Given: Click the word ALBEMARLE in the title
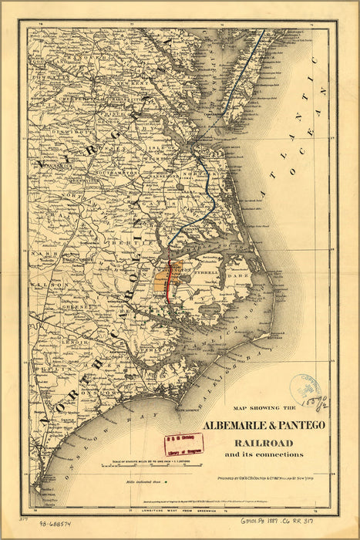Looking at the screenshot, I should [237, 425].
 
